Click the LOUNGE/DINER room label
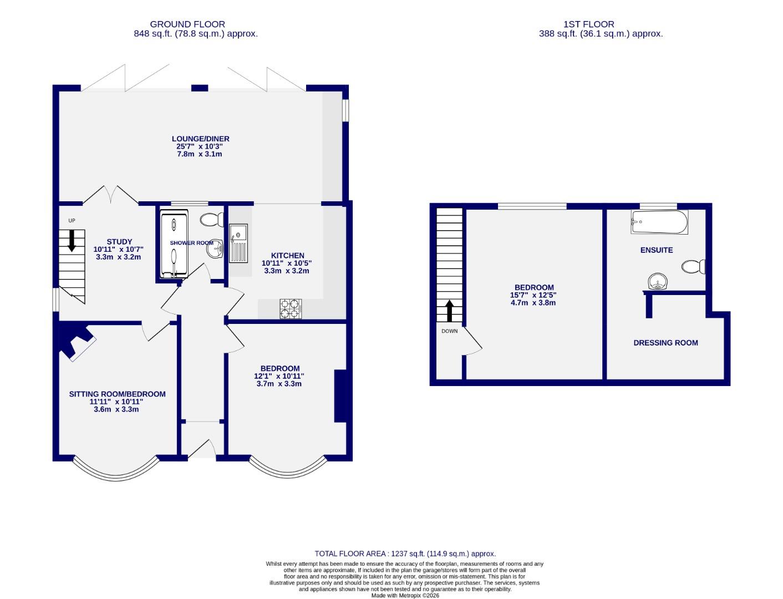200,139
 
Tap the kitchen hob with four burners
291,308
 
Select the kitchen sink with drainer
239,243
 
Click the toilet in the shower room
211,220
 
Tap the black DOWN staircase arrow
449,311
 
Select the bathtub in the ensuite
659,222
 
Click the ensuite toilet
694,267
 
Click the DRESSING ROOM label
665,343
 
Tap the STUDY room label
119,242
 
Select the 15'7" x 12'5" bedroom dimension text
532,295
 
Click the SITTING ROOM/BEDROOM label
117,394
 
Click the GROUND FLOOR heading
187,24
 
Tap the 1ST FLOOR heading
588,24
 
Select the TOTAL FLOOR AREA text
405,554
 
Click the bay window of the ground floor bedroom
287,469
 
